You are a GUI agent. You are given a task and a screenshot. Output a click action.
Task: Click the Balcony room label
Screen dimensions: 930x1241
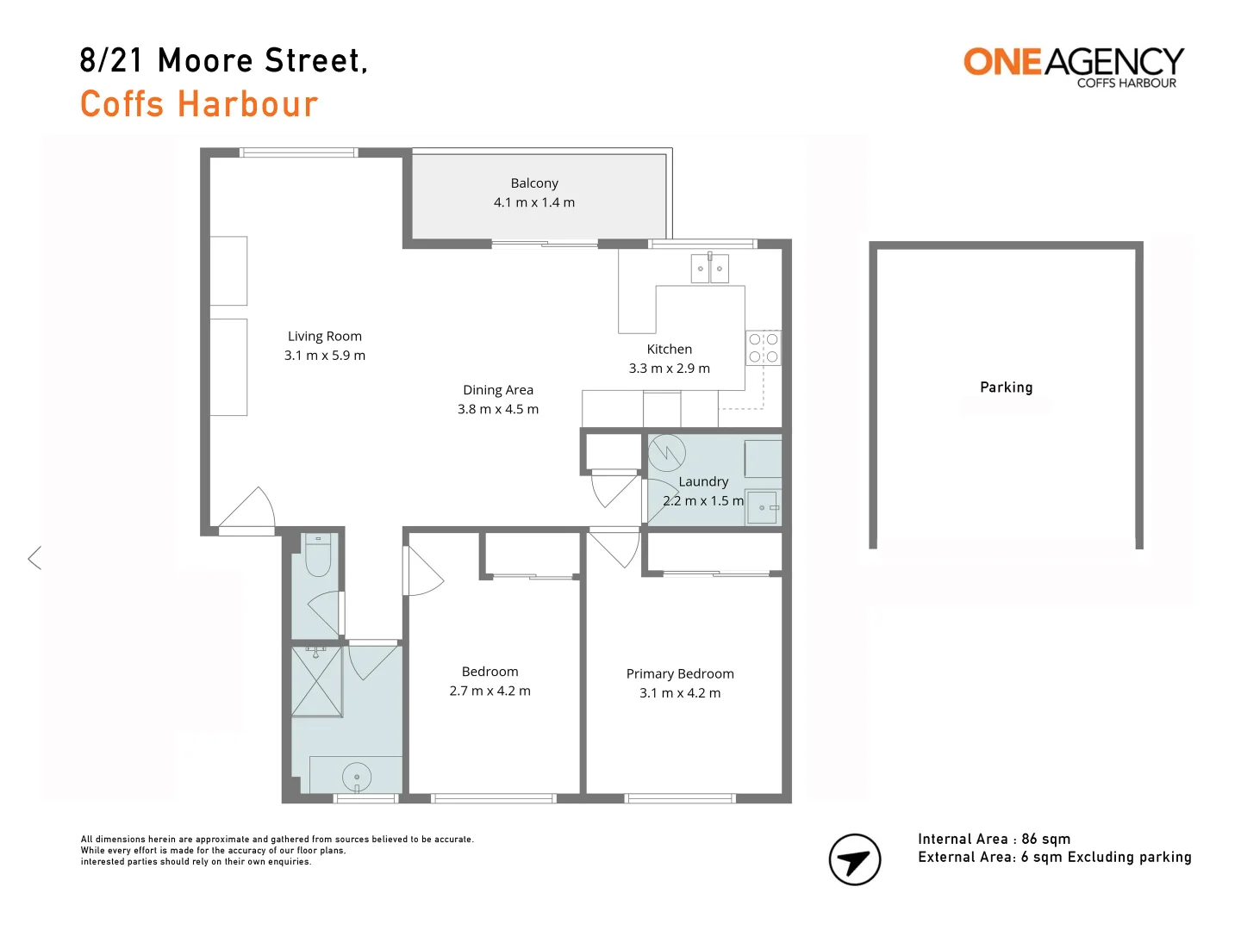pyautogui.click(x=534, y=183)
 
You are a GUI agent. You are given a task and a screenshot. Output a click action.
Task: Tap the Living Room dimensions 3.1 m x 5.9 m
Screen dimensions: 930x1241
pyautogui.click(x=325, y=356)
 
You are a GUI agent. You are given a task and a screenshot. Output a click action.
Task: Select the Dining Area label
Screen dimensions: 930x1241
pyautogui.click(x=498, y=390)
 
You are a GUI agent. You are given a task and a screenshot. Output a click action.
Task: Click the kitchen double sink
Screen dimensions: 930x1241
pyautogui.click(x=709, y=269)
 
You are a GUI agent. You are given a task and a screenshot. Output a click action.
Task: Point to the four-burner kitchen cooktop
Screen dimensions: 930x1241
pyautogui.click(x=764, y=348)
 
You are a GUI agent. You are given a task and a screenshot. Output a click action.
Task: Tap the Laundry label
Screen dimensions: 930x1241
pyautogui.click(x=703, y=481)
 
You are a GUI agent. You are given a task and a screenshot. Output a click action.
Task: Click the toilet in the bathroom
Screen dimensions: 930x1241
pyautogui.click(x=318, y=555)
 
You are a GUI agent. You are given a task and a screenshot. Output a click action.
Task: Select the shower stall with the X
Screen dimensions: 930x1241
pyautogui.click(x=317, y=681)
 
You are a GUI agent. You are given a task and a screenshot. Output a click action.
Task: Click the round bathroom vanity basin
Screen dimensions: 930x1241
pyautogui.click(x=357, y=776)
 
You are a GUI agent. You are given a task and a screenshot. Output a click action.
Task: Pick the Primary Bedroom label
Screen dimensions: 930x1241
pyautogui.click(x=680, y=673)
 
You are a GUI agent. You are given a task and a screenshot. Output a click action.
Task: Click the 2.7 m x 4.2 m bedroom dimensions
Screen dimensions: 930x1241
pyautogui.click(x=490, y=691)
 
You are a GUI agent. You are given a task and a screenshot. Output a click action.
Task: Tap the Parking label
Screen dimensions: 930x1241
pyautogui.click(x=1006, y=387)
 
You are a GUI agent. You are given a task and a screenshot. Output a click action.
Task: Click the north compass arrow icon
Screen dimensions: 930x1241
pyautogui.click(x=854, y=859)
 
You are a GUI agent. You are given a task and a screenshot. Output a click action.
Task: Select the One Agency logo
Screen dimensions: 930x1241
pyautogui.click(x=1073, y=66)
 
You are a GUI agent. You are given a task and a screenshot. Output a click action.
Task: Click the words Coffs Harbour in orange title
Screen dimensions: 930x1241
pyautogui.click(x=199, y=104)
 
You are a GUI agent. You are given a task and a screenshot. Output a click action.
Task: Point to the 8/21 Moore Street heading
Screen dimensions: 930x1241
pyautogui.click(x=223, y=60)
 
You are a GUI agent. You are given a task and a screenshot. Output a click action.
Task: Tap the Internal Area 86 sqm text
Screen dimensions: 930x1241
pyautogui.click(x=994, y=839)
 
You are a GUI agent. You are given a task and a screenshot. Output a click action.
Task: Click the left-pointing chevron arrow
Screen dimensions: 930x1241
pyautogui.click(x=34, y=558)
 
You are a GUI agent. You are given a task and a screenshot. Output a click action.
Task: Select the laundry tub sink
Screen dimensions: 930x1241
pyautogui.click(x=763, y=508)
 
